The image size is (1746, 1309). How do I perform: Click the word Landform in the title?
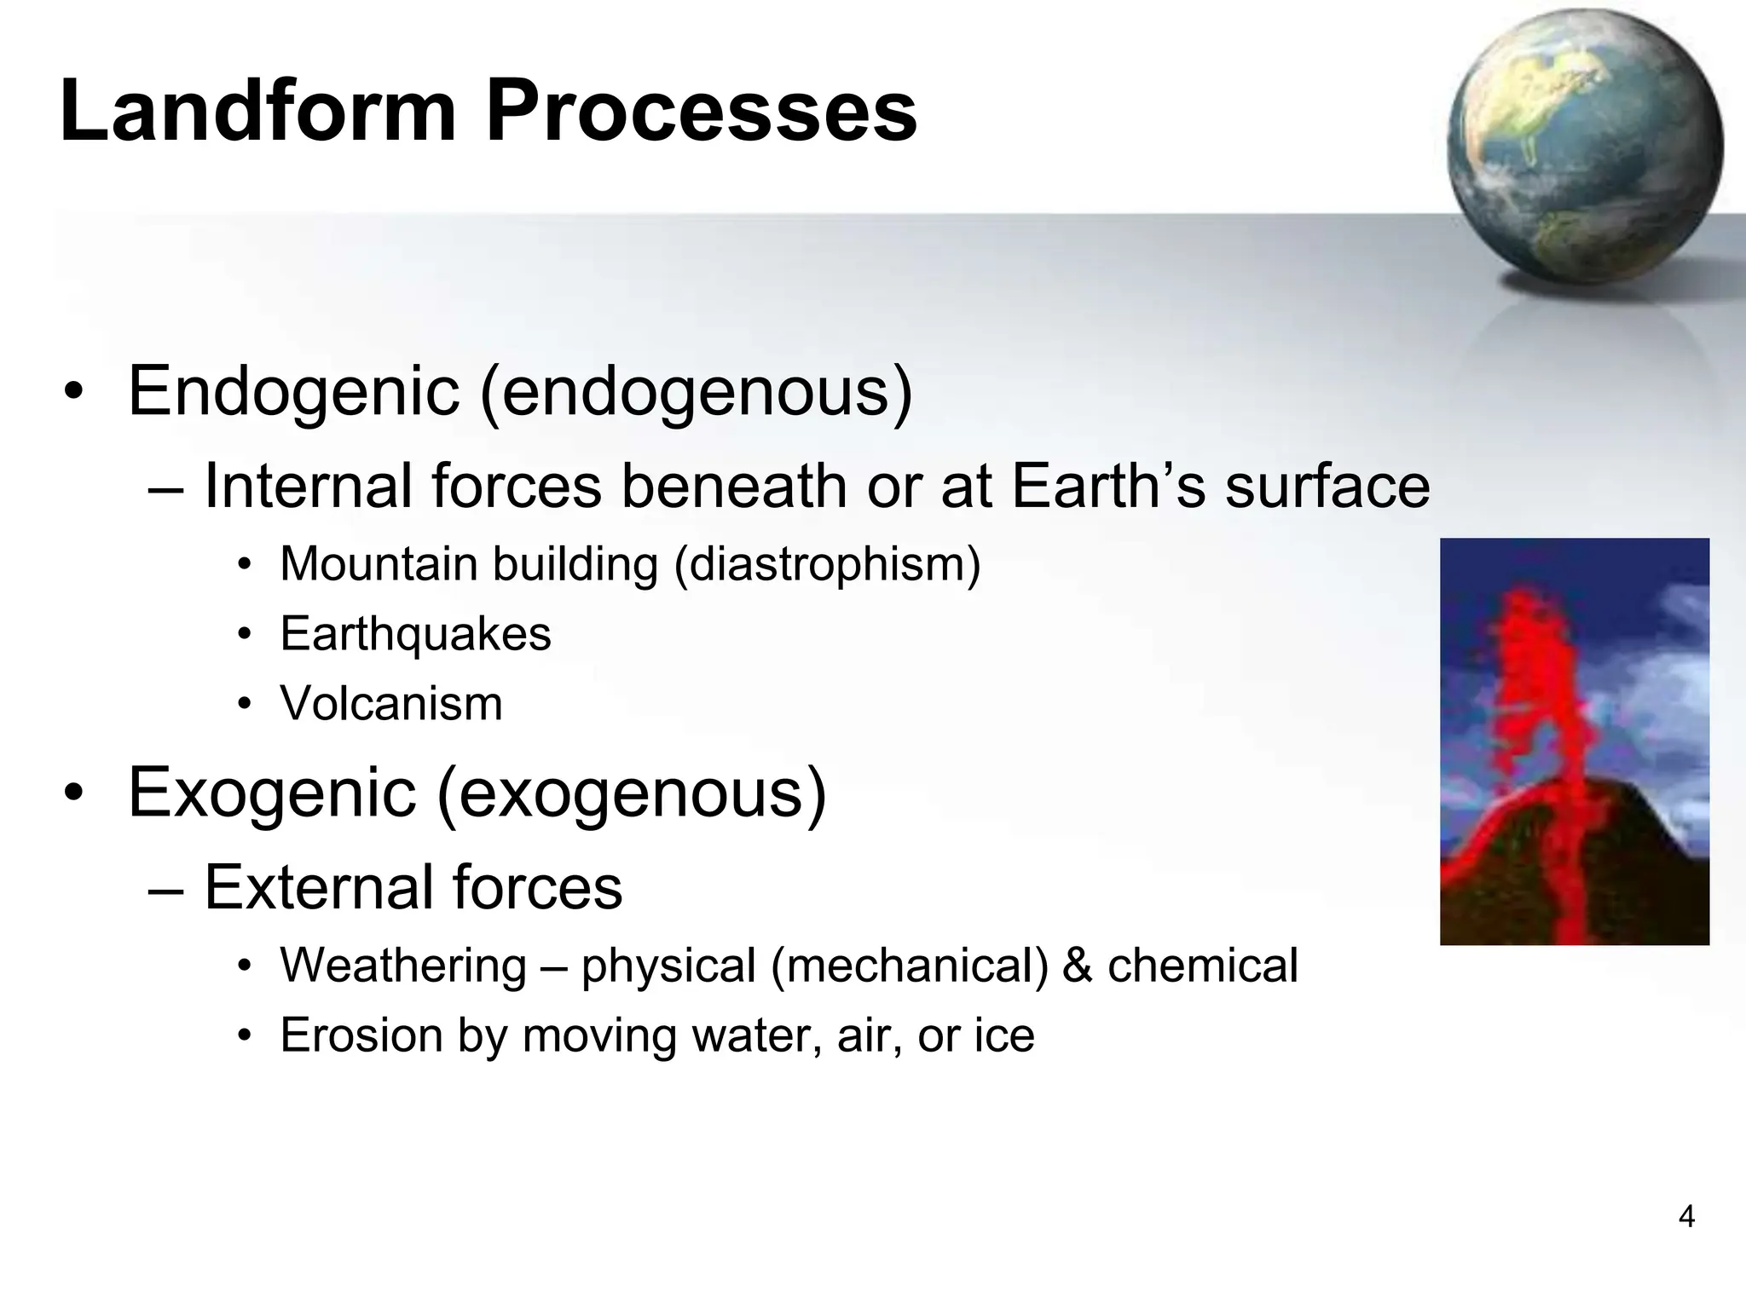259,112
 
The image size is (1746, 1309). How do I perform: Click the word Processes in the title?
701,112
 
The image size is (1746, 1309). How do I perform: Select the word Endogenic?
294,393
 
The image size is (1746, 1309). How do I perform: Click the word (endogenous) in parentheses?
697,393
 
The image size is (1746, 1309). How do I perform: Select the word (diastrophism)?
827,565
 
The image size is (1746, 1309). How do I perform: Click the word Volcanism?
391,705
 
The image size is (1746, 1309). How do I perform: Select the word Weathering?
403,966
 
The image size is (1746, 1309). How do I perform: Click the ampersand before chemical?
1077,966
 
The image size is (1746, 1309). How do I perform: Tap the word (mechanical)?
909,966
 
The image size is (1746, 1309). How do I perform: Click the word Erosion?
361,1036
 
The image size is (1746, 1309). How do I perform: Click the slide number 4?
1685,1216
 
